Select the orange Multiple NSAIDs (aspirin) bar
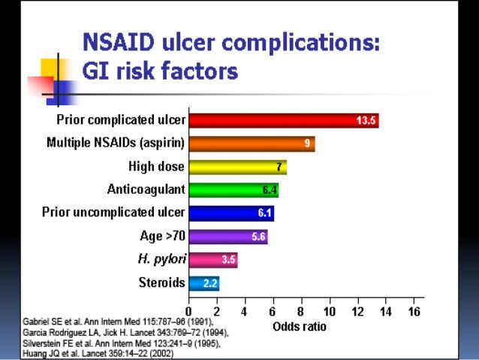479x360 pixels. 252,144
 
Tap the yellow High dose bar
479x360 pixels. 237,167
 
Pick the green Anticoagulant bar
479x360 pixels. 233,190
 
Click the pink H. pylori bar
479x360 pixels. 212,260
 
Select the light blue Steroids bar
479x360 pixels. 203,283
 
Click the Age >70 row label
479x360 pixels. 162,237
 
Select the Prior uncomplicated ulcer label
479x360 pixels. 113,213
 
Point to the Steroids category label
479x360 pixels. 161,283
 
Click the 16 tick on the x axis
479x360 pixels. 412,312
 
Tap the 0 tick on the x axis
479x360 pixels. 188,312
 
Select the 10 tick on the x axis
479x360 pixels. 328,312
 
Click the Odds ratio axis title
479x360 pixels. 300,327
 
